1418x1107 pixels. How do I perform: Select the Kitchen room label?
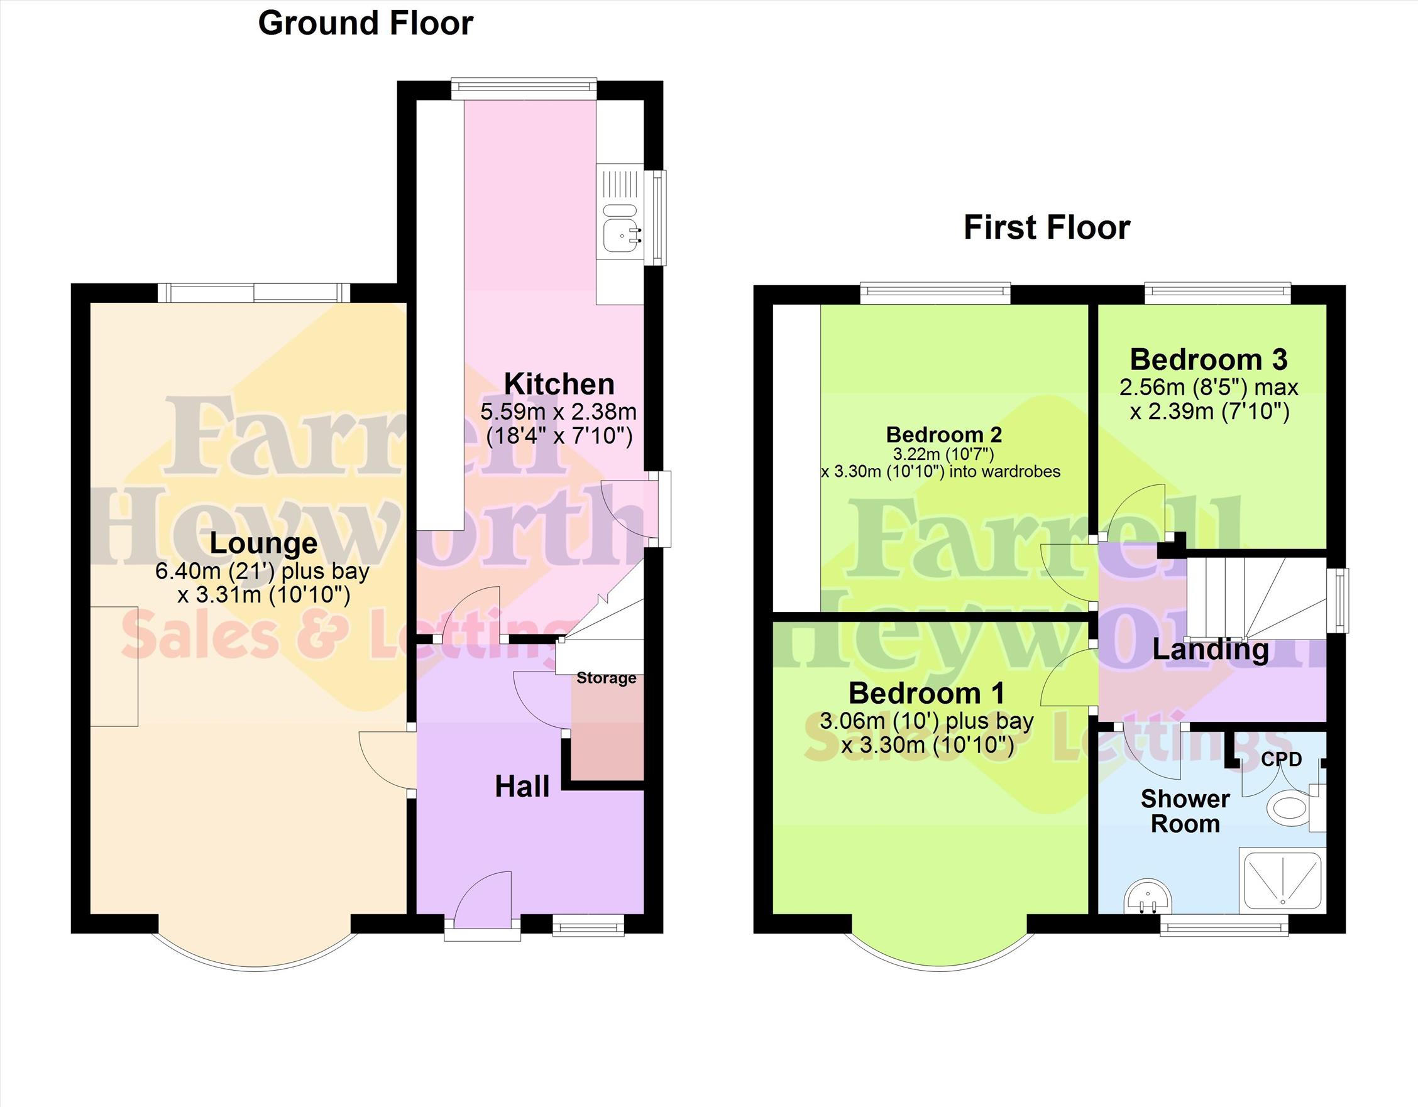pyautogui.click(x=559, y=384)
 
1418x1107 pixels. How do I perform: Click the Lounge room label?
pyautogui.click(x=263, y=544)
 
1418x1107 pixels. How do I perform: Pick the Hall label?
pyautogui.click(x=522, y=787)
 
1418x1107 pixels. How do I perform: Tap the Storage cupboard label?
pyautogui.click(x=607, y=678)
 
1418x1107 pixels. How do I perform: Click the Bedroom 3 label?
pyautogui.click(x=1209, y=359)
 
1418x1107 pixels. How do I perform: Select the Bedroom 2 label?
pyautogui.click(x=944, y=434)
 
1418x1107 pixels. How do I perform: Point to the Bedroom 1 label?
pyautogui.click(x=926, y=693)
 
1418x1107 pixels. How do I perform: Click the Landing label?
pyautogui.click(x=1210, y=650)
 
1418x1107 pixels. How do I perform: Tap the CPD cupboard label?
pyautogui.click(x=1282, y=759)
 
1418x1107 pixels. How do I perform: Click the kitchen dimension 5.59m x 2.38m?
pyautogui.click(x=558, y=412)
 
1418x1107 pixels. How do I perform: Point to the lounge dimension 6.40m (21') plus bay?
pyautogui.click(x=262, y=571)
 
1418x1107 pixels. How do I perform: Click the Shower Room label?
pyautogui.click(x=1185, y=811)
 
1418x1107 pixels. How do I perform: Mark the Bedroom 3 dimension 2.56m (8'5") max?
pyautogui.click(x=1209, y=388)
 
